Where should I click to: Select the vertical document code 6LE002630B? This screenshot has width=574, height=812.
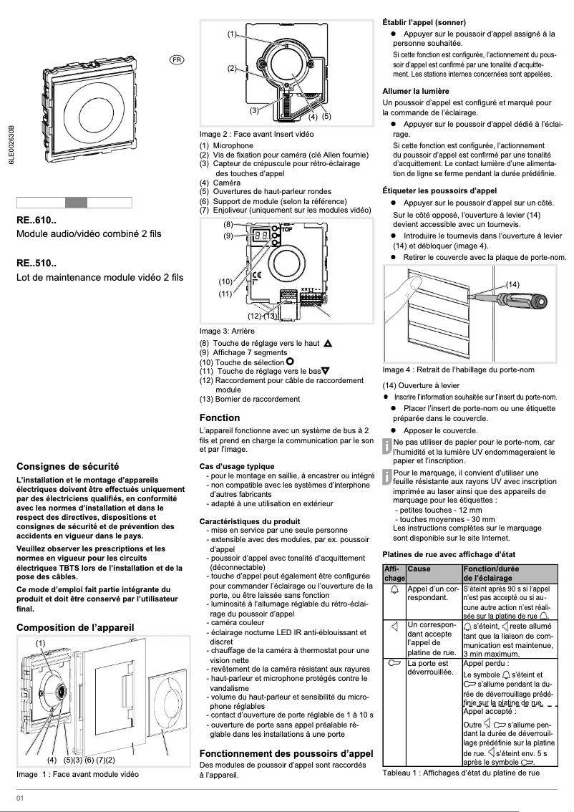[x=11, y=151]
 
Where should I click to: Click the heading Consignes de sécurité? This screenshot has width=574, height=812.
[x=67, y=465]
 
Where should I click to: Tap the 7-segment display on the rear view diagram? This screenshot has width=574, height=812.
[x=261, y=235]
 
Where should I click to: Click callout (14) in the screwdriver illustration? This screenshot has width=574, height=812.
[x=512, y=284]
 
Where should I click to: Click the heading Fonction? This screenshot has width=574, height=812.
[x=219, y=417]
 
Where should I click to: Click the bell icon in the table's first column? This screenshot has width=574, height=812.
[x=394, y=591]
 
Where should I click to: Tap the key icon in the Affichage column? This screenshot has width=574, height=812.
[x=394, y=663]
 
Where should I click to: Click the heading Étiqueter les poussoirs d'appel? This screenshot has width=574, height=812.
[x=439, y=191]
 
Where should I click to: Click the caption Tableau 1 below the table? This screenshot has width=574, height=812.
[x=460, y=773]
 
